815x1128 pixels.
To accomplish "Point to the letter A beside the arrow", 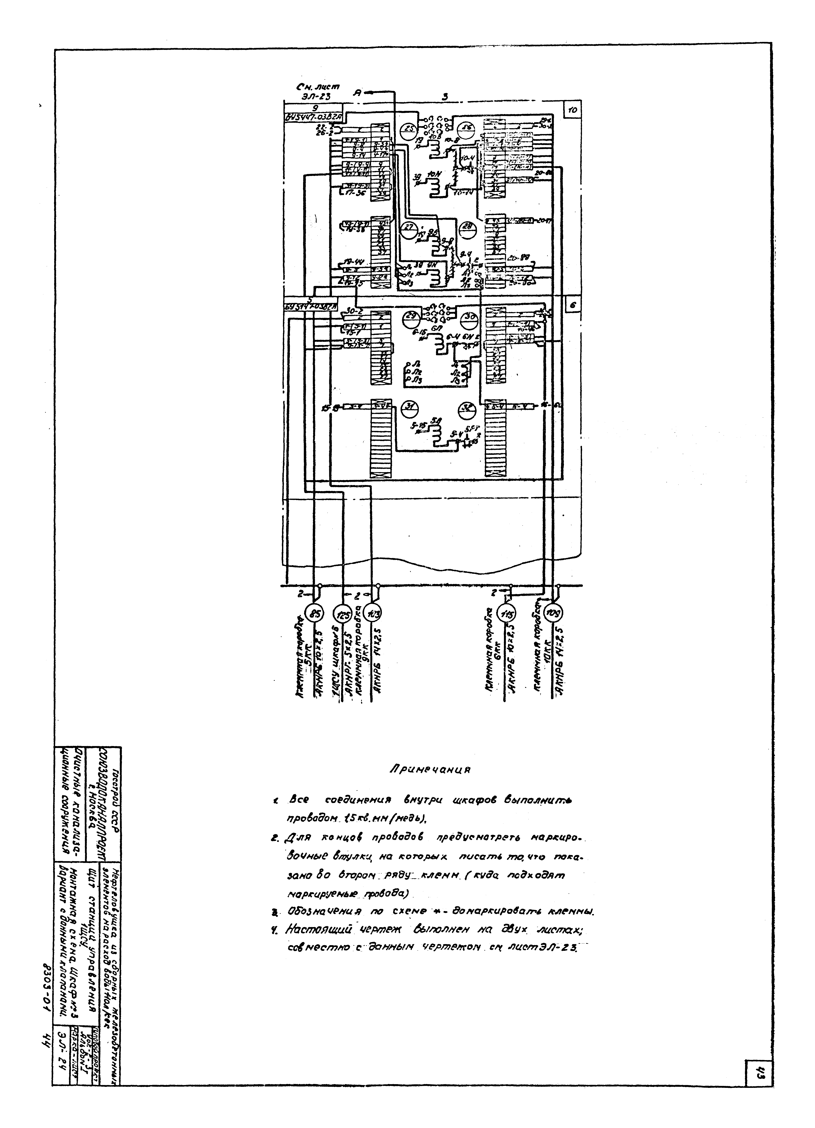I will point(357,92).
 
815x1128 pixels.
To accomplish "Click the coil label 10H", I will point(431,174).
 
